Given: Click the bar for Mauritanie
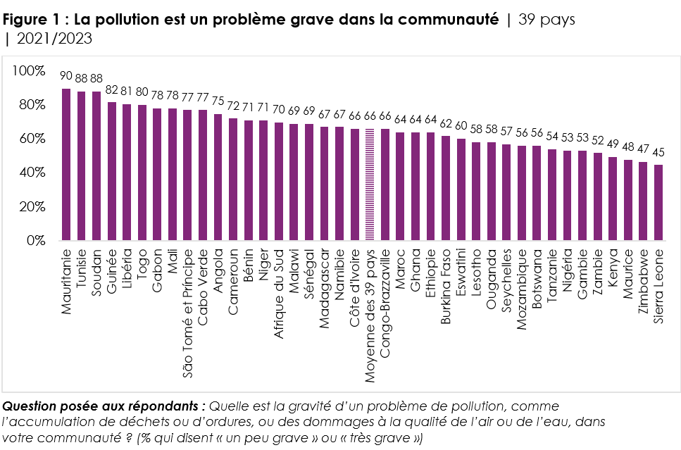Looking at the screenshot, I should coord(66,165).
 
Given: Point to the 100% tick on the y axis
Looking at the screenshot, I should coord(30,71).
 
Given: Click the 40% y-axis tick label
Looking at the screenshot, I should coord(32,173).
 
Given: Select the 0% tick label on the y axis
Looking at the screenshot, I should coord(35,241).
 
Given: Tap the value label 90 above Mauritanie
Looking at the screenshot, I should coord(66,76).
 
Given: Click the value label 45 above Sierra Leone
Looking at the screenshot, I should coord(658,152).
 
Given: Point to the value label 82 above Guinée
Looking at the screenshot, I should coord(112,89).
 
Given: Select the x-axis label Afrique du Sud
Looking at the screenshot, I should coord(279,282).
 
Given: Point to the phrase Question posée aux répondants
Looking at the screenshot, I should coord(104,406).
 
